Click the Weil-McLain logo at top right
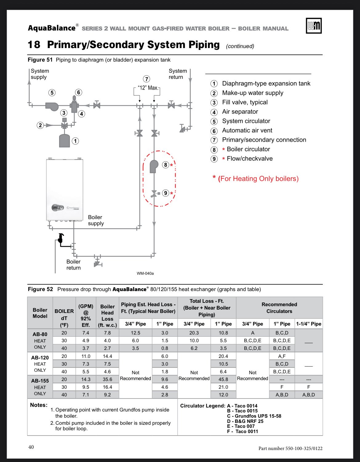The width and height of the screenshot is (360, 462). [x=314, y=26]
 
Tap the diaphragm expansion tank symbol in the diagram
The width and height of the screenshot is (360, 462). [x=65, y=140]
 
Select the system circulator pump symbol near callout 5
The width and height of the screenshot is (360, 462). [x=52, y=106]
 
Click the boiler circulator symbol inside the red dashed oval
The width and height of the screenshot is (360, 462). [x=154, y=166]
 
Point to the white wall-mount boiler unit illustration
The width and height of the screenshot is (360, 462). [x=65, y=190]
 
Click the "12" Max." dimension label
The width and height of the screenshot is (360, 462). [x=148, y=88]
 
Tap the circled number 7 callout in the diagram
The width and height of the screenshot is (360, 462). [x=147, y=79]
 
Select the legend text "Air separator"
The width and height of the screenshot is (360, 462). [x=240, y=112]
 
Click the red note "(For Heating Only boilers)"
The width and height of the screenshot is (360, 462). [x=258, y=179]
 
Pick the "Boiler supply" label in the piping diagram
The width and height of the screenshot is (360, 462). [x=96, y=220]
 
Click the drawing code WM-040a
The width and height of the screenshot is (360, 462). [x=145, y=274]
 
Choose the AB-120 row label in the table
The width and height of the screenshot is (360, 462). [x=40, y=358]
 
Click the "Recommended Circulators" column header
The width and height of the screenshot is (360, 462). [x=279, y=308]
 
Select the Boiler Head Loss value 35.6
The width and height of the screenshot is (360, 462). [x=107, y=379]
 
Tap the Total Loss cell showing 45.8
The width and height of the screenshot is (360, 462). [x=223, y=379]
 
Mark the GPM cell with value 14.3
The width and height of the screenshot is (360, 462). [x=86, y=379]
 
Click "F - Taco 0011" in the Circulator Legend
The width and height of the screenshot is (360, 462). [x=242, y=432]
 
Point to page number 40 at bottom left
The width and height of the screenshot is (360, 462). [x=31, y=447]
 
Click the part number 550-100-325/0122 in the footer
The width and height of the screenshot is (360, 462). [x=290, y=448]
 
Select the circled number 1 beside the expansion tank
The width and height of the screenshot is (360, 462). [x=75, y=141]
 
